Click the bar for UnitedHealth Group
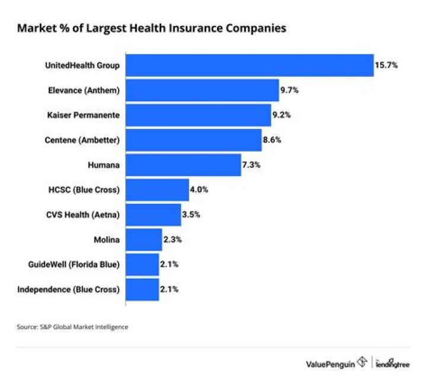point(249,65)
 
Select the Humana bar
point(183,165)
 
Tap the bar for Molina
point(144,240)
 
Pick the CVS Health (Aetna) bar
point(153,215)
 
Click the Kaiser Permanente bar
point(198,115)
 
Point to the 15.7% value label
point(385,65)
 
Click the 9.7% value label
point(289,90)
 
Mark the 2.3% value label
point(173,240)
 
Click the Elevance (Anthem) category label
point(84,90)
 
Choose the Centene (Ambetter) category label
point(82,140)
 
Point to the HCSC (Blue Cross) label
point(84,190)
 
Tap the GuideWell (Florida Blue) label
point(74,264)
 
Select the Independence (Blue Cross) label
point(69,289)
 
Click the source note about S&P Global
point(72,326)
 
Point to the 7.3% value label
point(251,165)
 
